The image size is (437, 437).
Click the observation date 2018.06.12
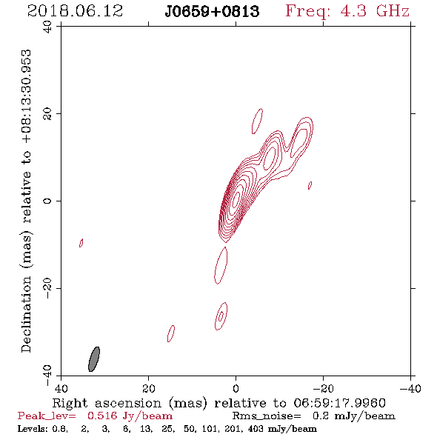[75, 11]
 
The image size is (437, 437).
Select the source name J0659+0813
[212, 11]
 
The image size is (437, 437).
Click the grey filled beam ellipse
[94, 359]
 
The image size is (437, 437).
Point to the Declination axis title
[26, 201]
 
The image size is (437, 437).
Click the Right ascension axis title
[218, 403]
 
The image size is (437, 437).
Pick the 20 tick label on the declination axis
[47, 114]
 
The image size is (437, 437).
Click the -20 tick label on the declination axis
[47, 288]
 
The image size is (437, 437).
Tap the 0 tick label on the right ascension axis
[236, 388]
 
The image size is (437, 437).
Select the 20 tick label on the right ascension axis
[148, 388]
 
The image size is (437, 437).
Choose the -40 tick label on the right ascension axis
[410, 388]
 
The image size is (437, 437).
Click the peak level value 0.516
[102, 416]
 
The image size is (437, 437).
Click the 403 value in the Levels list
[255, 428]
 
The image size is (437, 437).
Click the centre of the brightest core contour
[236, 199]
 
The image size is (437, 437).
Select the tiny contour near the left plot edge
[81, 243]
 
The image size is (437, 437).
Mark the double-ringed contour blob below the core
[221, 316]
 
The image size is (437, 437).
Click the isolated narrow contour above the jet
[257, 121]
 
